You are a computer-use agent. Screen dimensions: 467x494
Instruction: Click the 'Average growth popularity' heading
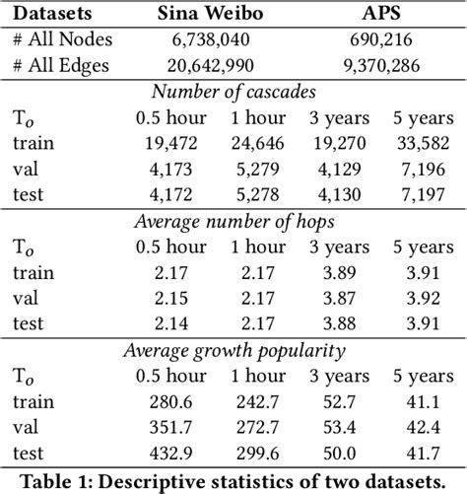coord(233,350)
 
